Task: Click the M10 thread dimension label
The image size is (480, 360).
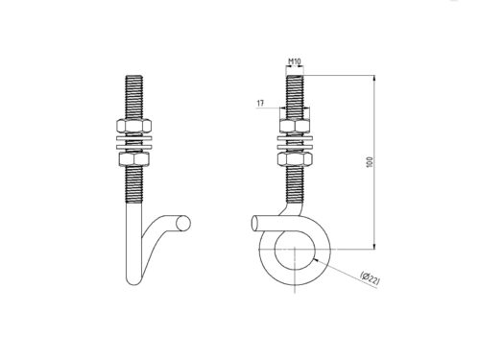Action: (x=295, y=61)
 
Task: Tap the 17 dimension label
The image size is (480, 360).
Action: (x=260, y=103)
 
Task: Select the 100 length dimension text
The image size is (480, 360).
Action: (x=370, y=162)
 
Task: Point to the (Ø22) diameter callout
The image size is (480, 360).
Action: (x=371, y=278)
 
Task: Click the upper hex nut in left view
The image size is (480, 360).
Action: (x=134, y=126)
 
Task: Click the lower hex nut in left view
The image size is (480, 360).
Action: (x=134, y=159)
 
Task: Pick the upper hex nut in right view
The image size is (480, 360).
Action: (x=295, y=126)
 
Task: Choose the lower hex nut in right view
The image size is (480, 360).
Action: (x=295, y=159)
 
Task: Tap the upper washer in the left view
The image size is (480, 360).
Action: (x=134, y=138)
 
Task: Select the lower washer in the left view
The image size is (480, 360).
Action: (x=134, y=147)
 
